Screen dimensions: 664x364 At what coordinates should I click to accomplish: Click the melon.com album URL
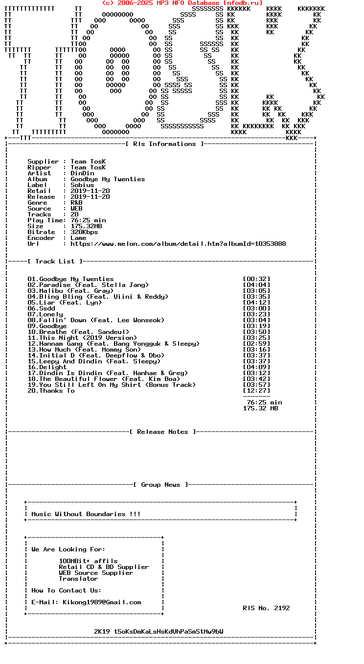[178, 244]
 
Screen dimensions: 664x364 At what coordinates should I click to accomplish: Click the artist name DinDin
[82, 173]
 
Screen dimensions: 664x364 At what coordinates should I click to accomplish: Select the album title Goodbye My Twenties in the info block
[108, 179]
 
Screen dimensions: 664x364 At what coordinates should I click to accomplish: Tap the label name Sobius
[82, 185]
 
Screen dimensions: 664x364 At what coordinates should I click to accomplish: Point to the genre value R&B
[76, 203]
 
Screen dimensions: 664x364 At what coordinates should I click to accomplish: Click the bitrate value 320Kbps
[84, 232]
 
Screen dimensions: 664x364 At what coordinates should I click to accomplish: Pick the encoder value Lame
[78, 238]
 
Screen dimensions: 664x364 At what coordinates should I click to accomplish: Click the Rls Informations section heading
[164, 144]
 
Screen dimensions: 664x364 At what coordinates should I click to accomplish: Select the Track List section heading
[55, 261]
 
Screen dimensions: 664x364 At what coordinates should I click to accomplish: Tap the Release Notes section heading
[162, 432]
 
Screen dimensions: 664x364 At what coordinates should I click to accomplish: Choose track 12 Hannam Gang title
[114, 344]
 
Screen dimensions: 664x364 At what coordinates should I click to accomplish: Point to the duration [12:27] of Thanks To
[256, 391]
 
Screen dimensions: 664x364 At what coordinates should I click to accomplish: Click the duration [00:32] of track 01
[256, 279]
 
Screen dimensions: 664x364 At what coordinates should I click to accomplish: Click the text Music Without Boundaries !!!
[86, 514]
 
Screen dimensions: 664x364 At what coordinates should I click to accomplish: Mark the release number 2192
[282, 608]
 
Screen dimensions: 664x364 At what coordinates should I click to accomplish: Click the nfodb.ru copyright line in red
[182, 3]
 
